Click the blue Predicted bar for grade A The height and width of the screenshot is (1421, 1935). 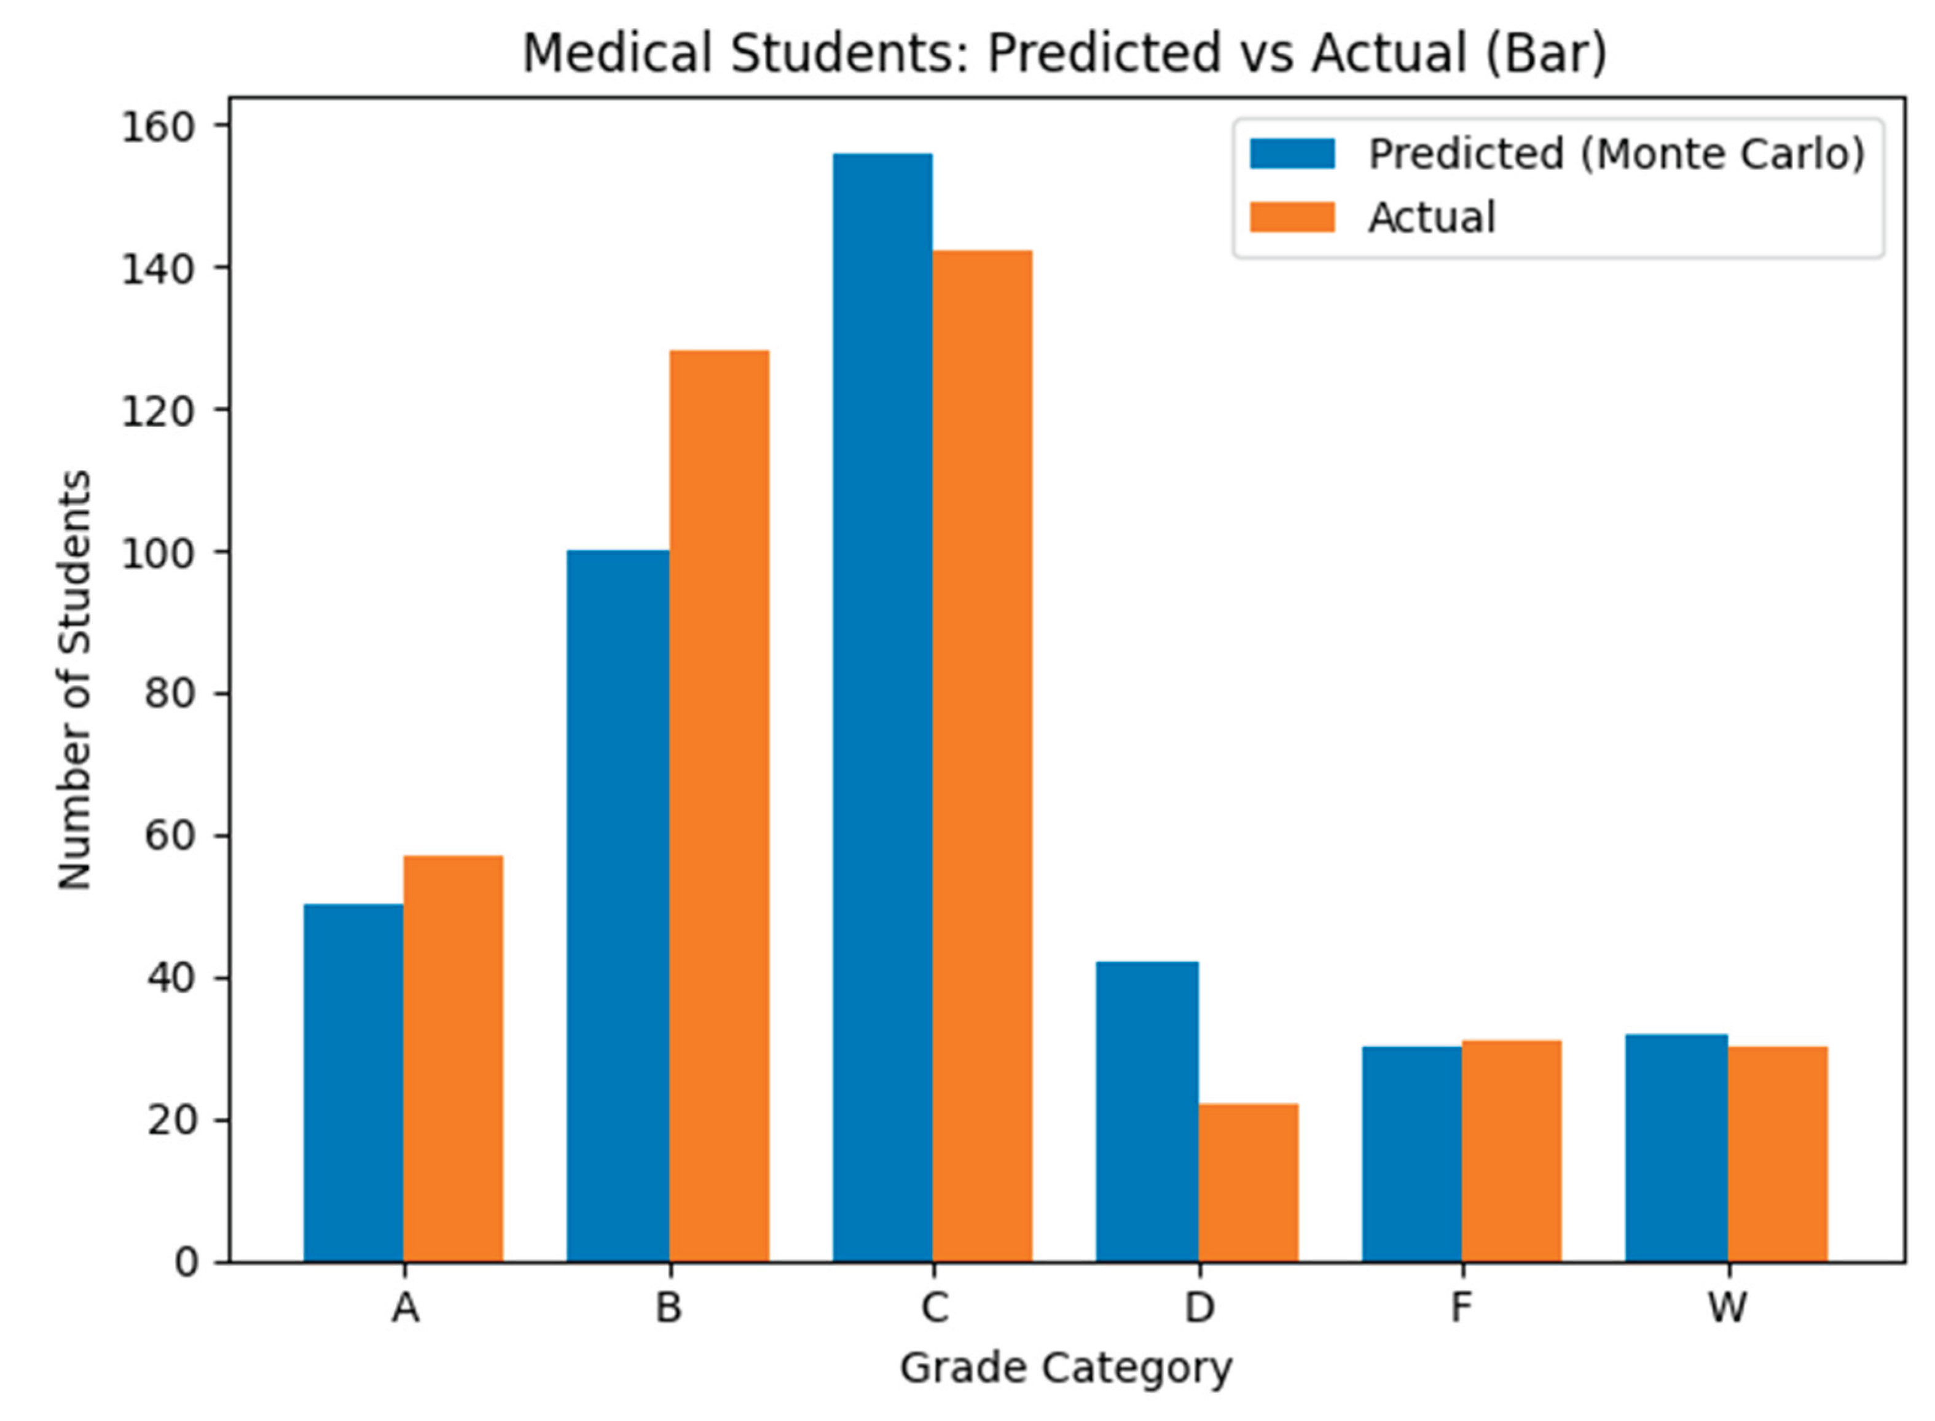[x=353, y=1083]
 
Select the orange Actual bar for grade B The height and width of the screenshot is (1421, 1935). [x=720, y=806]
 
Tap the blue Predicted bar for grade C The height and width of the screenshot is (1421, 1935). [x=883, y=708]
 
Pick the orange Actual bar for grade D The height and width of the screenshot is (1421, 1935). [x=1249, y=1183]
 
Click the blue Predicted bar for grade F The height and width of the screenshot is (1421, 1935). [x=1412, y=1154]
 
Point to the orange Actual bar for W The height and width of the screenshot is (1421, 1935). [x=1778, y=1154]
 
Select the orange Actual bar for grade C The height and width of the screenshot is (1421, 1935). [x=983, y=756]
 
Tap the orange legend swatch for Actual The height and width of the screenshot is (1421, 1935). [x=1292, y=217]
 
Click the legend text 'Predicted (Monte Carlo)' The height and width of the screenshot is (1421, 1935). [x=1617, y=155]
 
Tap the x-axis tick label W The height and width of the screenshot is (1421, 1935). [x=1727, y=1307]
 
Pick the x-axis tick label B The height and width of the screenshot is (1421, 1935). [x=669, y=1307]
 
